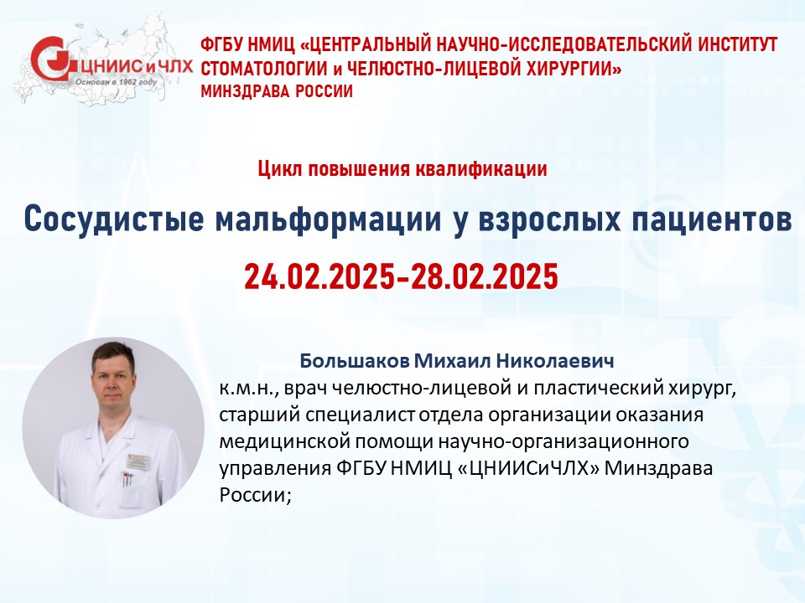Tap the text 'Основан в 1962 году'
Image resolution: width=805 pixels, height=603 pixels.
pos(116,82)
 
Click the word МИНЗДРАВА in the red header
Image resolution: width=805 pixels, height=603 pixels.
pos(240,91)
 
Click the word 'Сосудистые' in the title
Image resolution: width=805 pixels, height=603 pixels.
pos(113,219)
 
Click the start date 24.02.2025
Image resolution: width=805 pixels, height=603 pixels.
pos(319,277)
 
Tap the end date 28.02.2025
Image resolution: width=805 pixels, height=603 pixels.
pos(483,277)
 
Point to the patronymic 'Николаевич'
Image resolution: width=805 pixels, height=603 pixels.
pos(554,360)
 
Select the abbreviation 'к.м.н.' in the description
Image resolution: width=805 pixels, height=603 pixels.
pos(248,388)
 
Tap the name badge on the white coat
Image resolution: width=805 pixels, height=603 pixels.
pos(138,461)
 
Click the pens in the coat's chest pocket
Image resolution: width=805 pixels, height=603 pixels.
pos(127,480)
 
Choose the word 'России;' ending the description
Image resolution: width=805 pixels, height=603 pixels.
pos(255,495)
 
